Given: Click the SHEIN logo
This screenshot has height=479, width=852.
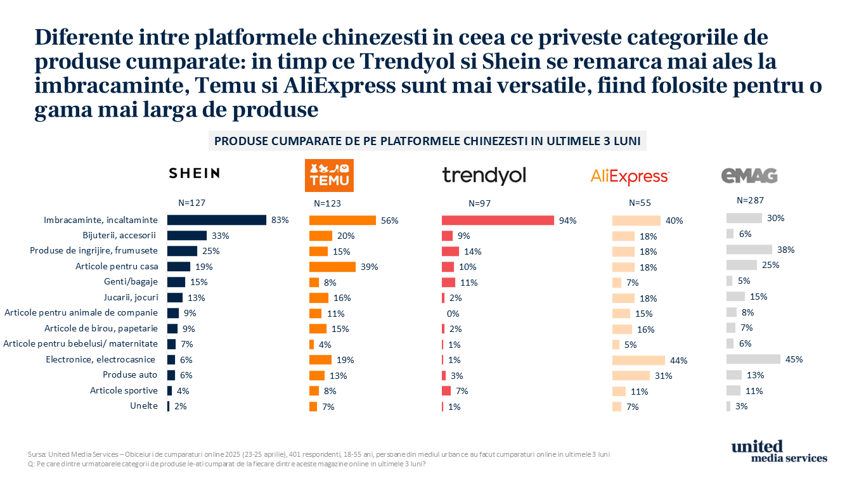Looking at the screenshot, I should point(194,174).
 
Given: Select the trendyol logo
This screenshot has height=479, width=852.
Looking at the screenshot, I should point(484,176).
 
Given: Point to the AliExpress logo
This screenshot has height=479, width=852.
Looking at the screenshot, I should point(629,176).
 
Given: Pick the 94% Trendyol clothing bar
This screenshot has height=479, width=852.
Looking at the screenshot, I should point(498,220).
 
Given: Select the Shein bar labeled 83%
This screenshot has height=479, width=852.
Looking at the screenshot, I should point(217,220).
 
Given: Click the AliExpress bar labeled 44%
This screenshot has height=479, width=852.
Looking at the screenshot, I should point(638,361).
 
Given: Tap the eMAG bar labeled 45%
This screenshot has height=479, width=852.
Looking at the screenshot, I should point(753,359).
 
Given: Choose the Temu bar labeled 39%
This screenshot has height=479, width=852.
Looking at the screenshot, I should point(333,267).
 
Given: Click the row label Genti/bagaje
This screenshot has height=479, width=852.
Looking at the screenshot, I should point(131,282).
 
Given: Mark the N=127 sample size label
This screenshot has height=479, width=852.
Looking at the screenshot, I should point(191,203).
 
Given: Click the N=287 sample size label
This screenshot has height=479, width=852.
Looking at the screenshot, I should point(751,200).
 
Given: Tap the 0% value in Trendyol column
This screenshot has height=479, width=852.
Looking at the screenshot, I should point(453,314).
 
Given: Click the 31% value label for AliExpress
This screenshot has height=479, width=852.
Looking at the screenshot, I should point(664,376).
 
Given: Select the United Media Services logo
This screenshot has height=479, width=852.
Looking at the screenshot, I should point(779,451).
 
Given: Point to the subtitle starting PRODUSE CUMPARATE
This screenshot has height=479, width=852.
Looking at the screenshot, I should point(427,141).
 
